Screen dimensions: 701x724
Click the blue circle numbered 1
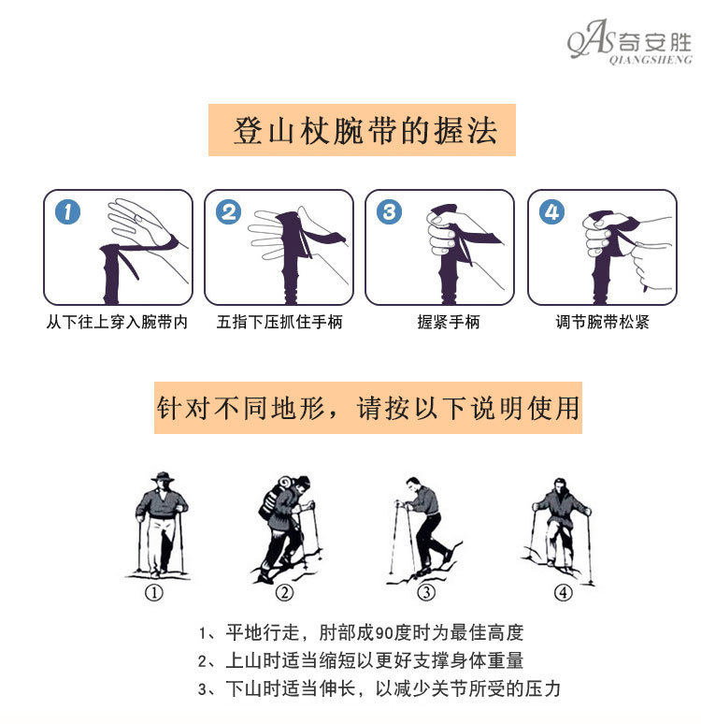pos(67,212)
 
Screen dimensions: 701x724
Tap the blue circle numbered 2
pos(228,212)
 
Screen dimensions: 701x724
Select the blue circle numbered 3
pos(389,212)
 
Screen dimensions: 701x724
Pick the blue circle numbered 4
pos(552,212)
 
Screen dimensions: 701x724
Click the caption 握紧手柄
pos(449,322)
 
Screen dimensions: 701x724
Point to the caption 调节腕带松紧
pos(602,322)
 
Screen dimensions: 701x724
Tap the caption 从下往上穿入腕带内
pos(117,322)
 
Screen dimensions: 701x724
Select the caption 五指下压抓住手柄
pos(279,322)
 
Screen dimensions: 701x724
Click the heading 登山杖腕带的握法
pos(365,131)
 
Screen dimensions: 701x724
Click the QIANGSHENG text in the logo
pos(651,60)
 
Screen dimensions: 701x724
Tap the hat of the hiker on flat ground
pos(163,477)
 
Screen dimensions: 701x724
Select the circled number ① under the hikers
pos(154,593)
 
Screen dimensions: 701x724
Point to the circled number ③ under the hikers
pos(426,593)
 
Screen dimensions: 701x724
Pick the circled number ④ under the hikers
pos(563,593)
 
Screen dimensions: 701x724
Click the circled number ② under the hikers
pos(284,593)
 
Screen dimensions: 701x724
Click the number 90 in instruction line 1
pos(383,633)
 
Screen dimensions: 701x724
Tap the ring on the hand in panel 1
pos(136,217)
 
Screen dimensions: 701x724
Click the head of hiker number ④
pos(560,485)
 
